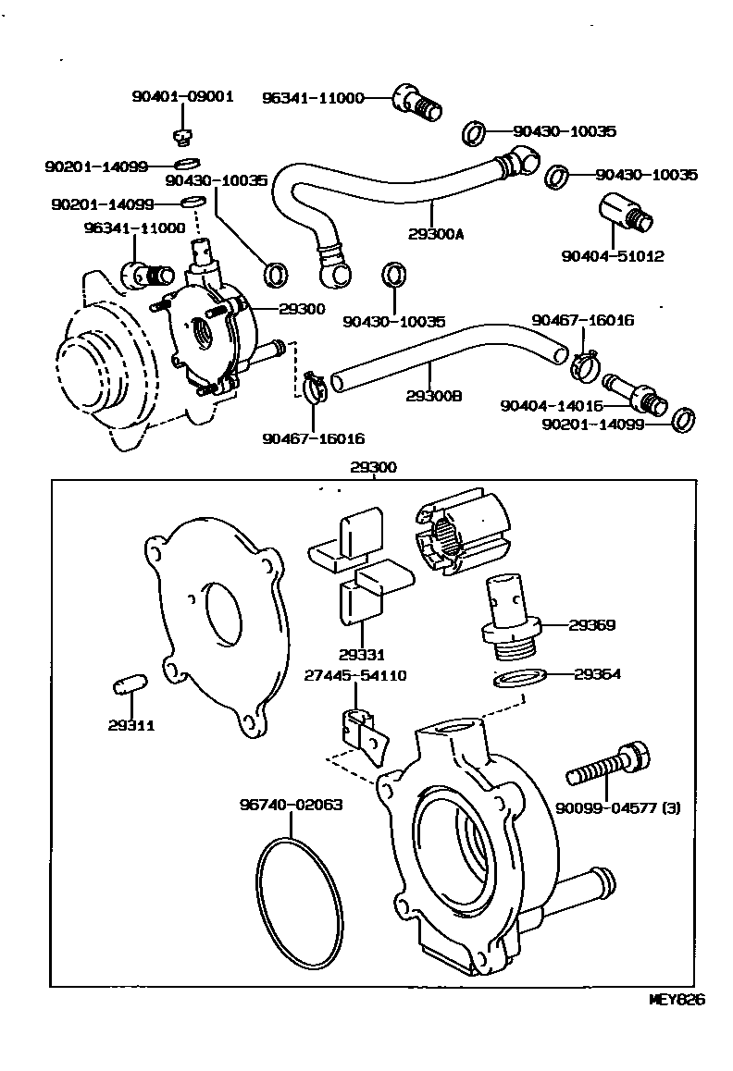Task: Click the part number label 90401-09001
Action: [x=183, y=95]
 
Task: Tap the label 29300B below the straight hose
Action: [x=433, y=396]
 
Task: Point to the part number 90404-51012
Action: [x=613, y=255]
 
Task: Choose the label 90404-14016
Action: [x=552, y=405]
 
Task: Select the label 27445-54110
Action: [x=355, y=676]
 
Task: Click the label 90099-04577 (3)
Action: [x=617, y=807]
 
